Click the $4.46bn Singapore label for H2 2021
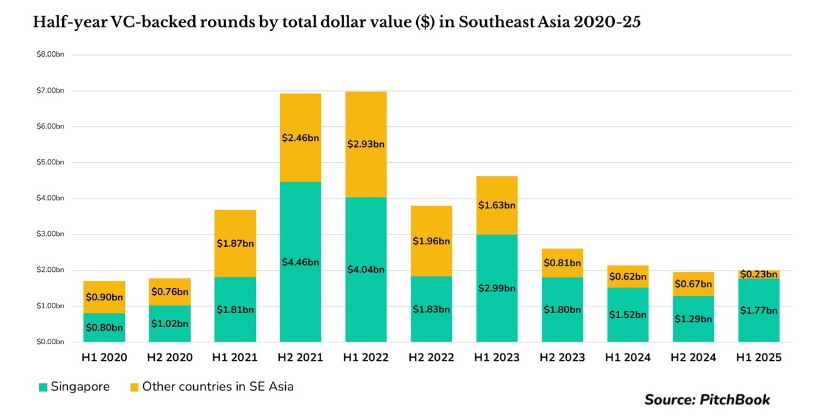tap(300, 262)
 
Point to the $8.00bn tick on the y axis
tap(51, 54)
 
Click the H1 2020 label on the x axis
tap(104, 358)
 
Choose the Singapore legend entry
tap(74, 387)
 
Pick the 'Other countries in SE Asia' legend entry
tap(212, 387)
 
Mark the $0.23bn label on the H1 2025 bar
tap(759, 274)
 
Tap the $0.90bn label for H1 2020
tap(104, 297)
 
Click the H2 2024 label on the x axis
tap(693, 358)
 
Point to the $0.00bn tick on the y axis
tap(51, 342)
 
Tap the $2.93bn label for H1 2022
tap(366, 144)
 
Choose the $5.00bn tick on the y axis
tap(51, 162)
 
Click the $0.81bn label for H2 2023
tap(562, 263)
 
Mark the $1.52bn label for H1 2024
tap(628, 314)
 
